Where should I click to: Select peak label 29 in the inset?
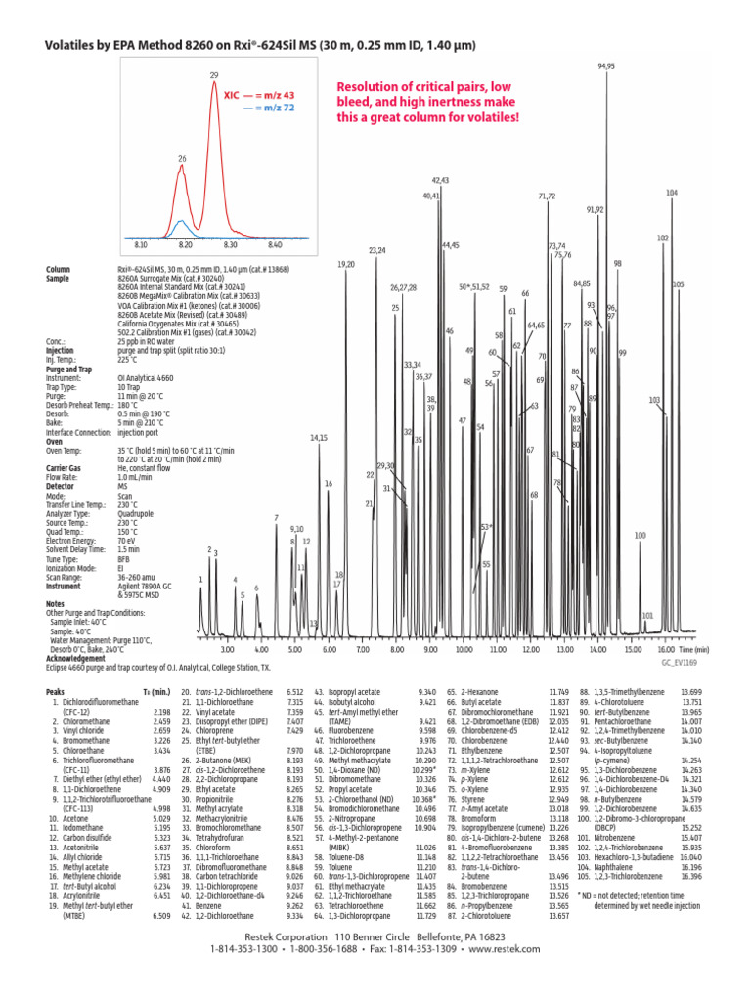coord(214,75)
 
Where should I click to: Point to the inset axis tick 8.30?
coord(231,246)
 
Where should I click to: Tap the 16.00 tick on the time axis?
coord(666,649)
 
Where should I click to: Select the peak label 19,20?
coord(346,264)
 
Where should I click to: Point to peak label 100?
coord(641,535)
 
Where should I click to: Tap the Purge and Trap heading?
coord(73,368)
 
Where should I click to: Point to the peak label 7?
coord(276,517)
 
